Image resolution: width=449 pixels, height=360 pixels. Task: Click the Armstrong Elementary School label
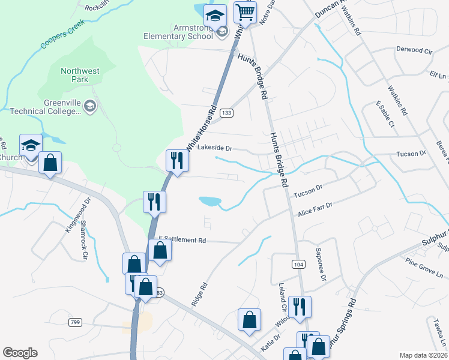click(x=178, y=31)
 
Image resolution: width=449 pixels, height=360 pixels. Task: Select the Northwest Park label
click(x=80, y=76)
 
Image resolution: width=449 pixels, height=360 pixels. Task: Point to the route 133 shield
click(x=226, y=113)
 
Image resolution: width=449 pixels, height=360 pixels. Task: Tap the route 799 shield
click(x=75, y=323)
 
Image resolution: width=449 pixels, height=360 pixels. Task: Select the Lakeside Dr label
click(x=214, y=148)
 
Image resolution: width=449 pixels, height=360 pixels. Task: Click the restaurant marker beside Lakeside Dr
click(x=176, y=161)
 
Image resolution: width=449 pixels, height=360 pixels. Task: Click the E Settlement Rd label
click(x=182, y=239)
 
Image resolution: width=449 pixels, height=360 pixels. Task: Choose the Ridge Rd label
click(x=199, y=295)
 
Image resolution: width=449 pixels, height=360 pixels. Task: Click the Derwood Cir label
click(x=414, y=52)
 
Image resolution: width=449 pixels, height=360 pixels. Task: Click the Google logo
click(x=20, y=353)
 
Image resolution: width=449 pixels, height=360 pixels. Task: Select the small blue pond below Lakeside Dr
click(x=209, y=200)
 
